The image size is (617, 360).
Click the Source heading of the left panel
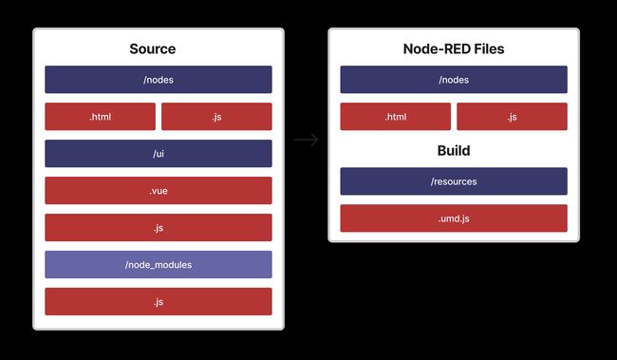(158, 49)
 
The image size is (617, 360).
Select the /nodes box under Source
(158, 80)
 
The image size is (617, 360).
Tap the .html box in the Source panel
(100, 117)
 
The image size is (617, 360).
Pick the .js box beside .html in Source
(216, 117)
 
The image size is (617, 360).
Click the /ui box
(158, 154)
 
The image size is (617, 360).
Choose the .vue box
(158, 191)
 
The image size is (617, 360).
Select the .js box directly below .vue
(158, 228)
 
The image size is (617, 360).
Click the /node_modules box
(158, 265)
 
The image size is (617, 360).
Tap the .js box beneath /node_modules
(158, 302)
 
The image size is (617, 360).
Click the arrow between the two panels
(306, 141)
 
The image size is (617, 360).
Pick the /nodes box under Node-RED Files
(454, 80)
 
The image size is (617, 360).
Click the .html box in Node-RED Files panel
(395, 117)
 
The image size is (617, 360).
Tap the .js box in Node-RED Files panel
(512, 117)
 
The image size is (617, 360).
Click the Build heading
(454, 151)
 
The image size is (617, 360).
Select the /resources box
(454, 181)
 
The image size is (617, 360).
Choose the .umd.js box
(454, 218)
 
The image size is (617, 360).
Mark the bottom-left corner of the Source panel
(35, 328)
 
